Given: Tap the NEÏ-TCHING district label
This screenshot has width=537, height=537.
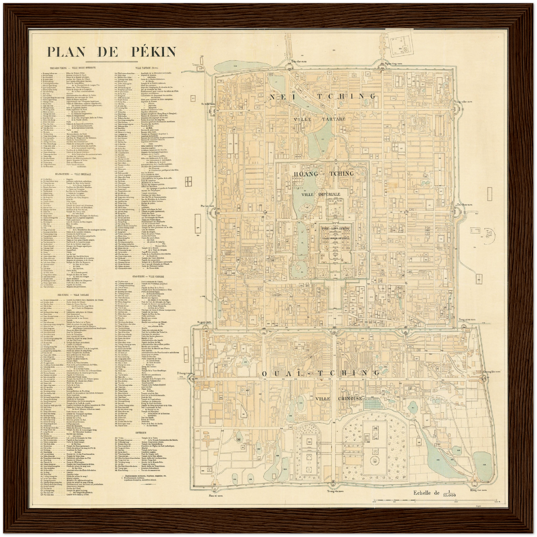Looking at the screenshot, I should (323, 96).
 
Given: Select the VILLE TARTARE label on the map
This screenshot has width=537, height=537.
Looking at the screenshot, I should (320, 119).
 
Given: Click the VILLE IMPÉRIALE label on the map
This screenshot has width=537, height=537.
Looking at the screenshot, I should (321, 194).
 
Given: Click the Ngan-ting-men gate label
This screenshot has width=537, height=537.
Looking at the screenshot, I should (394, 64).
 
